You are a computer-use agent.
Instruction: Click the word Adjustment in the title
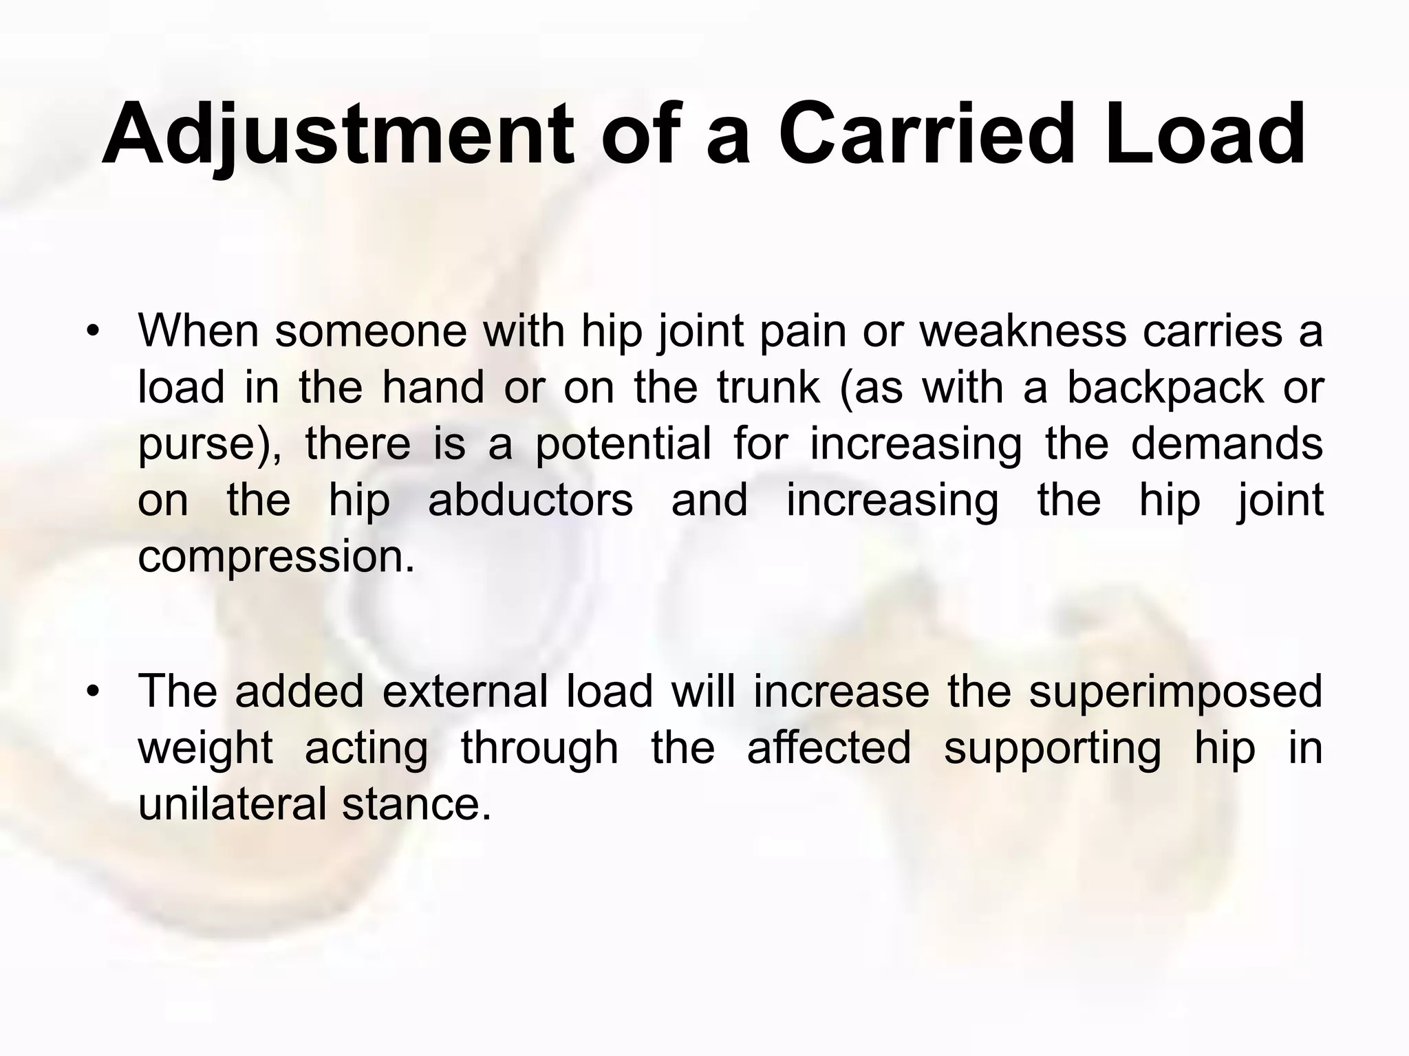click(x=337, y=134)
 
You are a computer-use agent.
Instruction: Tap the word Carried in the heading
click(x=926, y=134)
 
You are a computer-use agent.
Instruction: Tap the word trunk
click(x=768, y=388)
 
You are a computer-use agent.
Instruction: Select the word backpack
click(x=1165, y=388)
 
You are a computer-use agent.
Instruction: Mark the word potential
click(x=623, y=445)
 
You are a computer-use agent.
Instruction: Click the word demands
click(x=1227, y=445)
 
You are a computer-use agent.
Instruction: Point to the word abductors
click(x=530, y=500)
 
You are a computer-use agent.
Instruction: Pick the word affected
click(x=829, y=748)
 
